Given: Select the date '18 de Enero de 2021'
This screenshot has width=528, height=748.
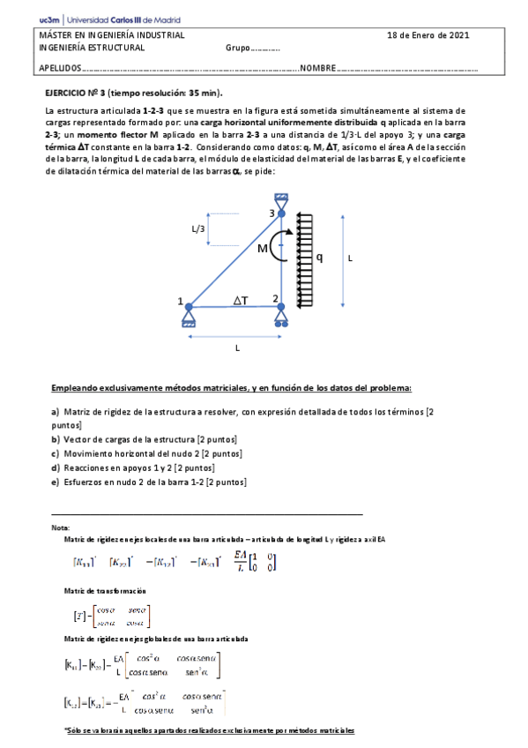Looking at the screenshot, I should point(428,35).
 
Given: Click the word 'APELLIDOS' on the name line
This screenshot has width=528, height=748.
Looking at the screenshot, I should point(60,68).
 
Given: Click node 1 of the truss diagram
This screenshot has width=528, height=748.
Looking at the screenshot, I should point(190,305).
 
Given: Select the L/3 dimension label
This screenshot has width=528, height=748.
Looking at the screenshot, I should point(199,229).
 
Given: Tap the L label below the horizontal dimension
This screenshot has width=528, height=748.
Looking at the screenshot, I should point(236,348).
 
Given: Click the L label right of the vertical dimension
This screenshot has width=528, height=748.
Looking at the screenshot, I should point(350,258).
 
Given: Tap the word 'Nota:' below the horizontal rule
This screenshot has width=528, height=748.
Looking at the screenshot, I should point(61,527).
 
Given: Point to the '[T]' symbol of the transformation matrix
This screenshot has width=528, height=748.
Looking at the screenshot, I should point(79,615).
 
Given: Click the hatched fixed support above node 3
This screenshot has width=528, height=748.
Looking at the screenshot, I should point(281,198).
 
